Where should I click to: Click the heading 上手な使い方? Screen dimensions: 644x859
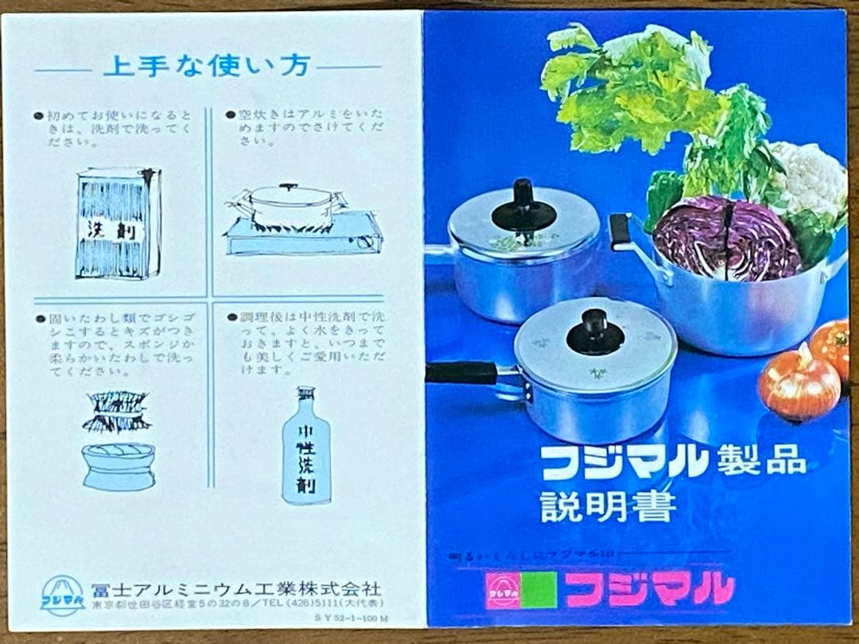(x=206, y=67)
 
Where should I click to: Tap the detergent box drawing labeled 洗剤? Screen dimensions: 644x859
(x=118, y=223)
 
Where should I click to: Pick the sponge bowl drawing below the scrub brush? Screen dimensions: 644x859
(x=118, y=465)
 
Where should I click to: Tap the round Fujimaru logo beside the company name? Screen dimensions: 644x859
(x=62, y=596)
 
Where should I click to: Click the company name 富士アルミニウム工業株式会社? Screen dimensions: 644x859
(x=236, y=589)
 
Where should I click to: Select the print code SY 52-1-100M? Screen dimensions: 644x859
(x=350, y=617)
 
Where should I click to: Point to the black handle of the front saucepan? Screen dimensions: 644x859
(x=461, y=373)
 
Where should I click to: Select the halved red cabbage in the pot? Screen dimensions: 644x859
(x=726, y=239)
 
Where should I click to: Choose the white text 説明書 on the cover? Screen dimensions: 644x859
(x=608, y=506)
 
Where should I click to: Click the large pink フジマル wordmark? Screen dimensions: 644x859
(x=649, y=589)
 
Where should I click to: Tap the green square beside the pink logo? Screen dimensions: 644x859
(x=539, y=590)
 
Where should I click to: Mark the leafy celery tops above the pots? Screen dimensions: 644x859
(x=636, y=87)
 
